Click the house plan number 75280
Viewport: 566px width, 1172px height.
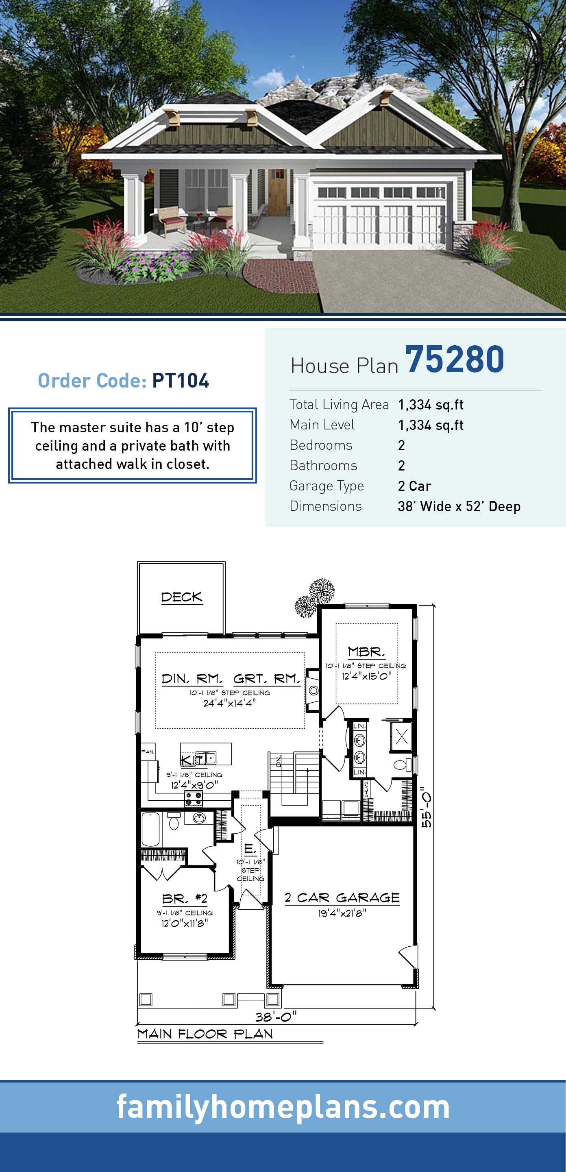tap(455, 360)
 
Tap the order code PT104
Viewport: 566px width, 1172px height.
tap(181, 381)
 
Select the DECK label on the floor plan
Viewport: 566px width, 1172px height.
tap(181, 597)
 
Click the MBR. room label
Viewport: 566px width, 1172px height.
tap(366, 651)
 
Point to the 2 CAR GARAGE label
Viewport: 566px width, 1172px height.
tap(342, 898)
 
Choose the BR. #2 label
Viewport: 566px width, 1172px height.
tap(185, 899)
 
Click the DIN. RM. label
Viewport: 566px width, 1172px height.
tap(192, 679)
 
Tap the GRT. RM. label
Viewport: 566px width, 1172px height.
tap(267, 679)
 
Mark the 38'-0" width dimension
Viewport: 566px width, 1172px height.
tap(276, 1017)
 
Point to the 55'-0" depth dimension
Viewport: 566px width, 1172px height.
tap(426, 807)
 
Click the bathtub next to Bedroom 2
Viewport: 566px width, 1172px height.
tap(151, 828)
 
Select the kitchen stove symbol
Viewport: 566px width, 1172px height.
tap(194, 797)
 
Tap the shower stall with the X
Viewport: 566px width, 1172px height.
tap(402, 736)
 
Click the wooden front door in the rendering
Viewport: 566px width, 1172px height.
tap(277, 192)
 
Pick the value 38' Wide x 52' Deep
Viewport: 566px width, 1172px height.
tap(459, 506)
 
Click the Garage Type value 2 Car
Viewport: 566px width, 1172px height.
tap(414, 486)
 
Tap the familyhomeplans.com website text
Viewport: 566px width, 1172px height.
tap(283, 1107)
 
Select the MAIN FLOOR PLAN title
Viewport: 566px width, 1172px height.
tap(205, 1034)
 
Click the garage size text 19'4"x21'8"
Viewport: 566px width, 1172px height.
tap(342, 913)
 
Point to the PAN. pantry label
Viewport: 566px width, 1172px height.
tap(148, 752)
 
